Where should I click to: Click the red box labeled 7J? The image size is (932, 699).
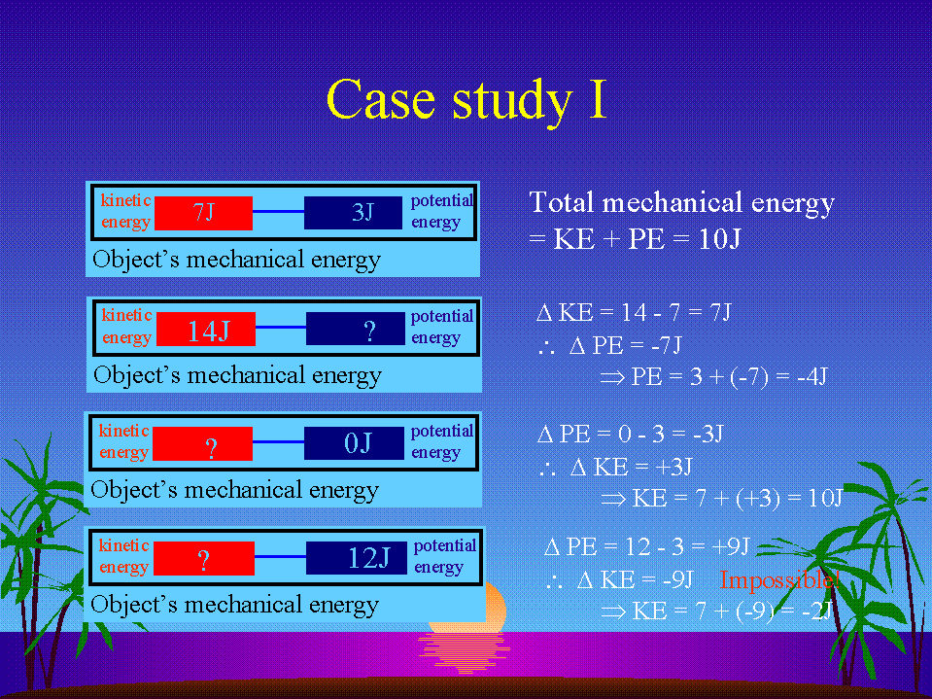coord(203,213)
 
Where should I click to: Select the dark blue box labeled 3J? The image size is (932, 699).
coord(353,213)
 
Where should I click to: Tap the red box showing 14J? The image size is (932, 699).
coord(206,329)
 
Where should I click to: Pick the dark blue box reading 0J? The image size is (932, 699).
coord(355,442)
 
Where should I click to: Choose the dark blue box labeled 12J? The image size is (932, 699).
coord(356,557)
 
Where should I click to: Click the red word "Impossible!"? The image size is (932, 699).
coord(779,579)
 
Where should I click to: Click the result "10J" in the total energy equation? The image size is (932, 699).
coord(719,239)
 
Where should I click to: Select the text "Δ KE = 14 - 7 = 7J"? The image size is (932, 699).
coord(634,313)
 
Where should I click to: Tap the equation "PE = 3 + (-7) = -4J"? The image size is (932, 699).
coord(729,376)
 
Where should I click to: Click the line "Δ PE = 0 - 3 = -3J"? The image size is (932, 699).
coord(630,434)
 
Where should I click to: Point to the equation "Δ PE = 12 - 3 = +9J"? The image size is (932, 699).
coord(647,546)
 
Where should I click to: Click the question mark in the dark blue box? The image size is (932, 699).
coord(369,332)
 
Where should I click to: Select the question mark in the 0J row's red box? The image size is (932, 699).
coord(211,449)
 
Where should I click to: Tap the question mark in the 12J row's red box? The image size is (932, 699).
coord(204,561)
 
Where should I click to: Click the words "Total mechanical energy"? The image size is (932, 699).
coord(682,202)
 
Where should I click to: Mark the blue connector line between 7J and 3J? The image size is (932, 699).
coord(278,212)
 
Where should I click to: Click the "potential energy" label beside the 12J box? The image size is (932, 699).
coord(445,556)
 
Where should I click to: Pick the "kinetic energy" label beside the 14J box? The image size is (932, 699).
coord(126,327)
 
